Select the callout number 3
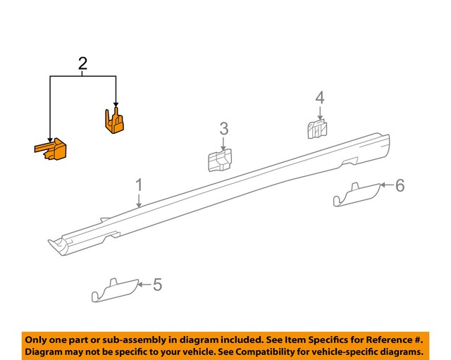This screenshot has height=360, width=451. (x=223, y=128)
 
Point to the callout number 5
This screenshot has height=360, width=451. (x=157, y=285)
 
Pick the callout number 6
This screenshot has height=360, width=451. (x=400, y=185)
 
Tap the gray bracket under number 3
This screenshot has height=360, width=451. (x=219, y=161)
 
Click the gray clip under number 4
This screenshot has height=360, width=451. (x=318, y=128)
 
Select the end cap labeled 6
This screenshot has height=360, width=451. (x=356, y=194)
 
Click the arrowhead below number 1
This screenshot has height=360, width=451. (x=139, y=204)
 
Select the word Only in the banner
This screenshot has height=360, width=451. (x=39, y=338)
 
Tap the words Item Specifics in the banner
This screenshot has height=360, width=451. (x=313, y=338)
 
